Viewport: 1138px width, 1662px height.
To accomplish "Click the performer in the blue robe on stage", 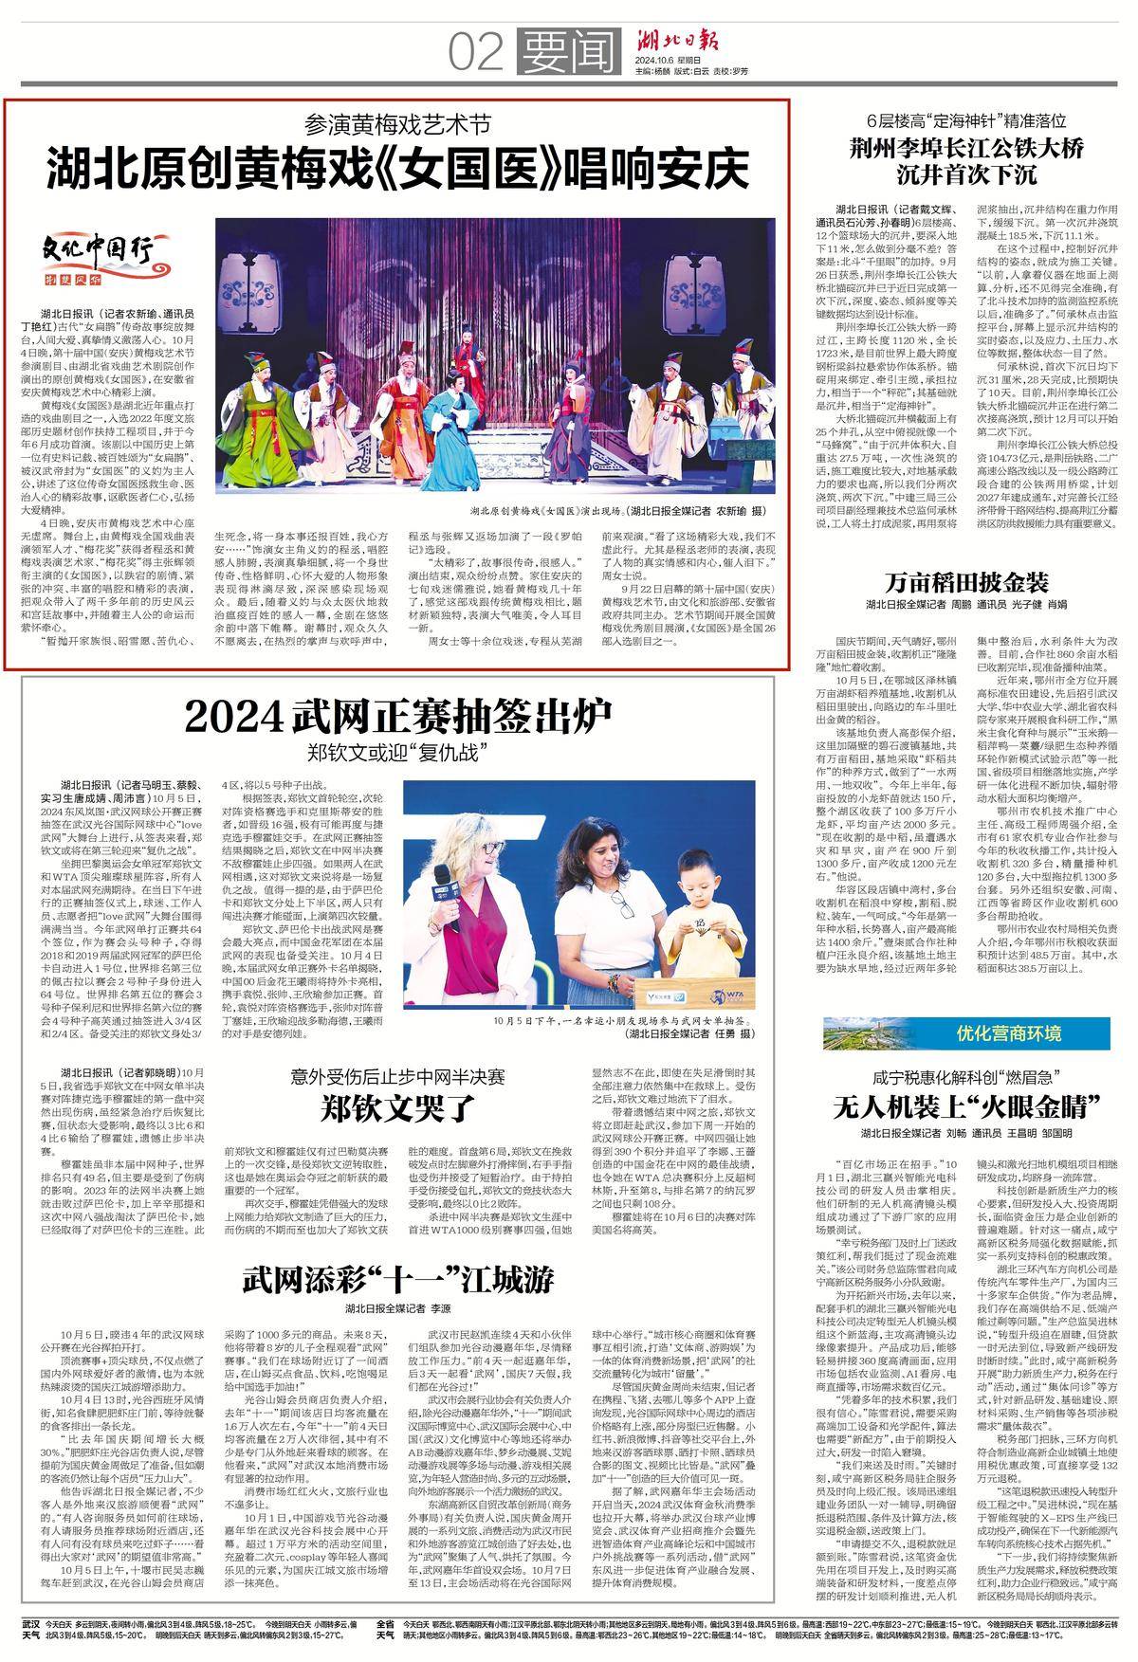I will click(x=575, y=390).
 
